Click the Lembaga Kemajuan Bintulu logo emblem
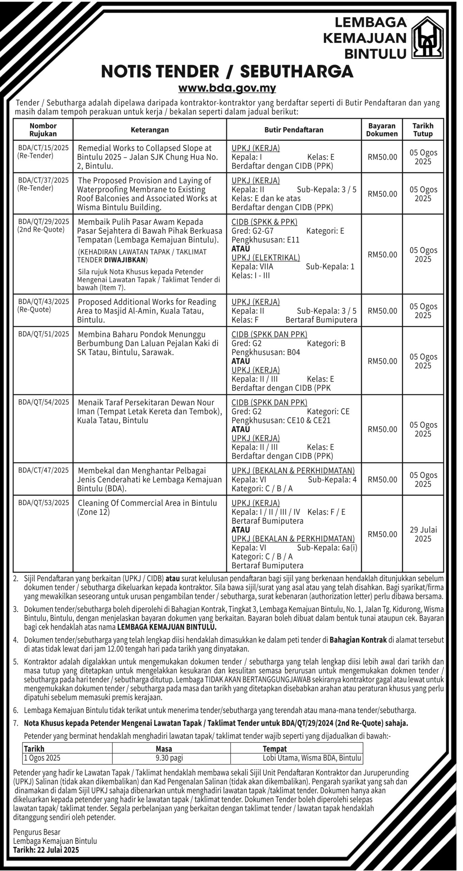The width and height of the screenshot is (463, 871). click(428, 38)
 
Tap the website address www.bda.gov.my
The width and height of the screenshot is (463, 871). click(227, 88)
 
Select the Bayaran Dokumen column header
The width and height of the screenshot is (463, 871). click(382, 130)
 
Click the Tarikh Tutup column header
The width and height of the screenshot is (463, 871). click(423, 130)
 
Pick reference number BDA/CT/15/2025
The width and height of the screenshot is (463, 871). click(43, 148)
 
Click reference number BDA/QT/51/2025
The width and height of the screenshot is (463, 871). click(43, 334)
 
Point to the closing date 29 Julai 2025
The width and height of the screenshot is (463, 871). click(423, 534)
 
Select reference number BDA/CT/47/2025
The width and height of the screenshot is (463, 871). click(43, 470)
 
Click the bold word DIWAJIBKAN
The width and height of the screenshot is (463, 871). click(125, 260)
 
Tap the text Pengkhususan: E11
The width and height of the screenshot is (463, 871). click(266, 240)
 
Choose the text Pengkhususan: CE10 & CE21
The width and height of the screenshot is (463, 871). click(281, 420)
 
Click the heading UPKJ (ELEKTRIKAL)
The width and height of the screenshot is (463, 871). click(266, 258)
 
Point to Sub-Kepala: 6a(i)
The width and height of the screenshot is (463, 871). click(327, 548)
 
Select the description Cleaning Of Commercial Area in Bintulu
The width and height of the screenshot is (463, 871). click(147, 503)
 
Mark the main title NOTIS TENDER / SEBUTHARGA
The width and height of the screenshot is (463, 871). click(227, 72)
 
